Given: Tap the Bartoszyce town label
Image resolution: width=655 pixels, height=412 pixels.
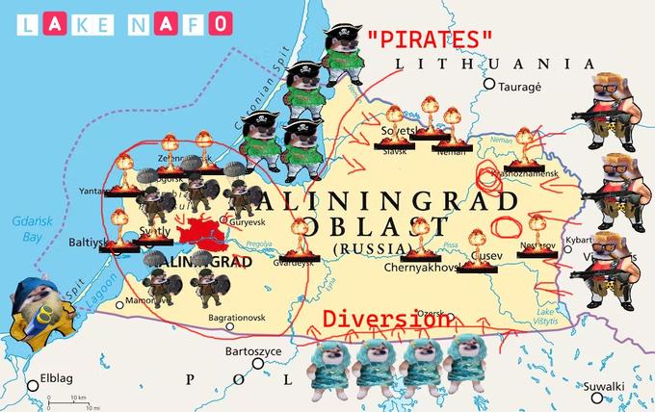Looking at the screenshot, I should click(x=252, y=352).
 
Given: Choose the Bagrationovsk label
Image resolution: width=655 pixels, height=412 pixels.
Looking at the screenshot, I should click(x=237, y=317).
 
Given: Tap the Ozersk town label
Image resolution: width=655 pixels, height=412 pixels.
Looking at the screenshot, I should click(x=431, y=312).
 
